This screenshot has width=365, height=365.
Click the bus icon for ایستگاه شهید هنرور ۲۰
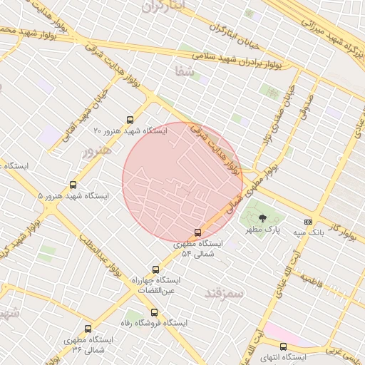[x=129, y=120]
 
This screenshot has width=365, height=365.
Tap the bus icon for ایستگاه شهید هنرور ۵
[x=73, y=185]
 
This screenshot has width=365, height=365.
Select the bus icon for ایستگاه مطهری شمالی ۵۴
[x=198, y=232]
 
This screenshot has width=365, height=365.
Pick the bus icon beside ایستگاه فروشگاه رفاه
[x=154, y=312]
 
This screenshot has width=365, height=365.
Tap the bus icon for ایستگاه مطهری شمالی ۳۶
[x=88, y=329]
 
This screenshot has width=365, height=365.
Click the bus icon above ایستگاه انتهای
[x=283, y=346]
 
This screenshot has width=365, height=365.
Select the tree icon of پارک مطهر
[x=262, y=218]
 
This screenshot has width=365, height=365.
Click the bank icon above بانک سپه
[x=308, y=221]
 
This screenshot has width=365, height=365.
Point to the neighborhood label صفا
[x=184, y=71]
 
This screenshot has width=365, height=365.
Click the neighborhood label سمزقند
[x=224, y=293]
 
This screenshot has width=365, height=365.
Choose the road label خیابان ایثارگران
[x=232, y=31]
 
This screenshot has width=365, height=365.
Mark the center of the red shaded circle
[x=182, y=182]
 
